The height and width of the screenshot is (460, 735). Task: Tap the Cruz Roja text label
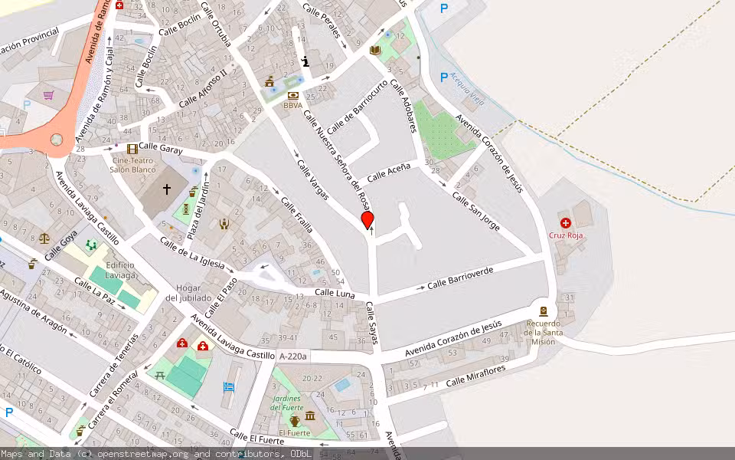[x=566, y=235]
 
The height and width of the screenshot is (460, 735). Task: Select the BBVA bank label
[x=292, y=105]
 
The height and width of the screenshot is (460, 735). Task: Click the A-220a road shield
[x=292, y=356]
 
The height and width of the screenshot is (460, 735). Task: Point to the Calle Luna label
[x=334, y=293]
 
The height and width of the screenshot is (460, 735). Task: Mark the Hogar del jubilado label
[x=188, y=294]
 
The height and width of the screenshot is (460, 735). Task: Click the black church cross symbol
[x=167, y=189]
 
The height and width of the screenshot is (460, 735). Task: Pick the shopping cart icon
[x=49, y=96]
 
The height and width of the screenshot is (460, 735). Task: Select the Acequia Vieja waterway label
[x=467, y=81]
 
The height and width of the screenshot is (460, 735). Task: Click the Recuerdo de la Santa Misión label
[x=544, y=332]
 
